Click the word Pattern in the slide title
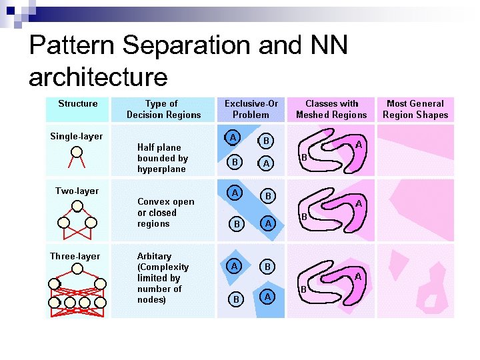click(x=73, y=46)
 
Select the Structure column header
click(x=77, y=103)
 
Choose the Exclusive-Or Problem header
click(x=251, y=109)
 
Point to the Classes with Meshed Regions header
click(x=331, y=109)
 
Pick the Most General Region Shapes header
click(x=415, y=109)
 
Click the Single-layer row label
click(x=77, y=136)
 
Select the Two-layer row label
click(x=77, y=191)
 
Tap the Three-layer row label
click(x=75, y=256)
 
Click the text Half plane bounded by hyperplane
click(x=162, y=158)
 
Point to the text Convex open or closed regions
click(x=165, y=213)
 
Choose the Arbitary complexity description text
click(x=162, y=277)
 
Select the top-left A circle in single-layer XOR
click(x=232, y=137)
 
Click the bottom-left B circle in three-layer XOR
click(x=235, y=299)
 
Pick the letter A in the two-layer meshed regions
click(x=358, y=203)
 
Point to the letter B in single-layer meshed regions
click(x=303, y=157)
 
